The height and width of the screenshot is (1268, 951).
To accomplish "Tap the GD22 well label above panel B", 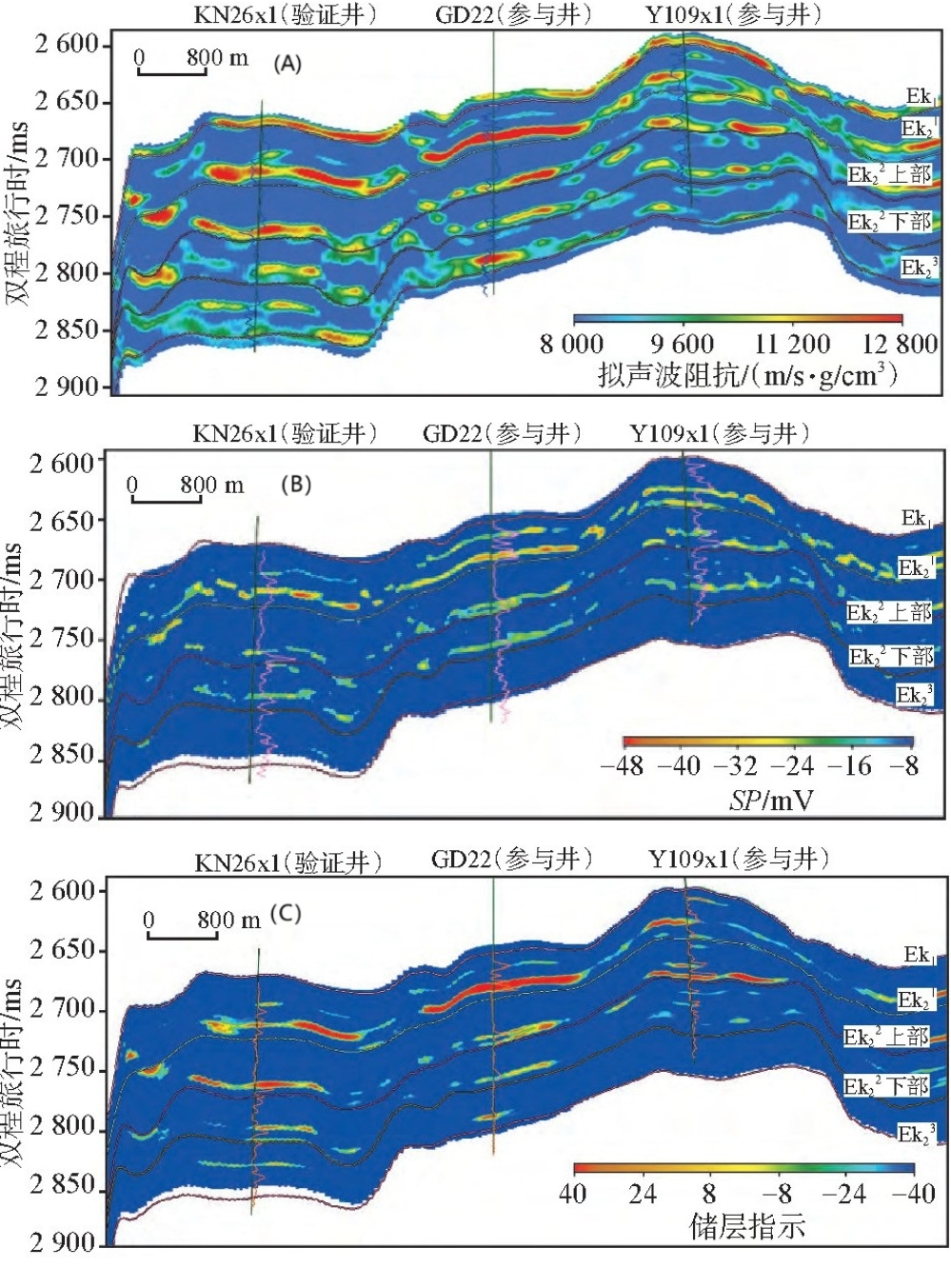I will click(x=502, y=434).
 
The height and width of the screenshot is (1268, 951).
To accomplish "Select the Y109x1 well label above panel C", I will click(x=739, y=860).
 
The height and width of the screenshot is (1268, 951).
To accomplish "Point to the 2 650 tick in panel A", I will click(x=67, y=101).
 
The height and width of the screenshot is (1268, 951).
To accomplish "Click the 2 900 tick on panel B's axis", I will click(x=63, y=812).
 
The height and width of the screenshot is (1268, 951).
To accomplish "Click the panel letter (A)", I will click(x=287, y=64).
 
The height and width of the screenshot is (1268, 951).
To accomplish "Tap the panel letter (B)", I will click(x=295, y=485).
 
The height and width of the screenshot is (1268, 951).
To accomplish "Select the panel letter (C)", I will click(x=286, y=914).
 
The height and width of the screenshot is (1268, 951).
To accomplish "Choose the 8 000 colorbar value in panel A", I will click(x=571, y=344).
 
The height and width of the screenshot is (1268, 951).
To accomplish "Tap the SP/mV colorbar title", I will click(x=771, y=800).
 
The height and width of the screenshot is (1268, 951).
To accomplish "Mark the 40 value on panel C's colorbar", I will click(x=572, y=1193).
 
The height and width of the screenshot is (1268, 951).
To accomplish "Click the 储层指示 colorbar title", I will click(x=747, y=1226).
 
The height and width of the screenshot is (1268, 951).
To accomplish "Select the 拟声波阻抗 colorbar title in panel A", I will click(x=747, y=375).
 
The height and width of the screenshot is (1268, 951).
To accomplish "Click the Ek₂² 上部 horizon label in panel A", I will click(x=889, y=174).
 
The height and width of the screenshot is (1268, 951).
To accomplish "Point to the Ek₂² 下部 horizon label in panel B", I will click(x=891, y=657).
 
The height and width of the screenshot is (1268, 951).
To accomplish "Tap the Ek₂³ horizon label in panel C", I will click(x=917, y=1134).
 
